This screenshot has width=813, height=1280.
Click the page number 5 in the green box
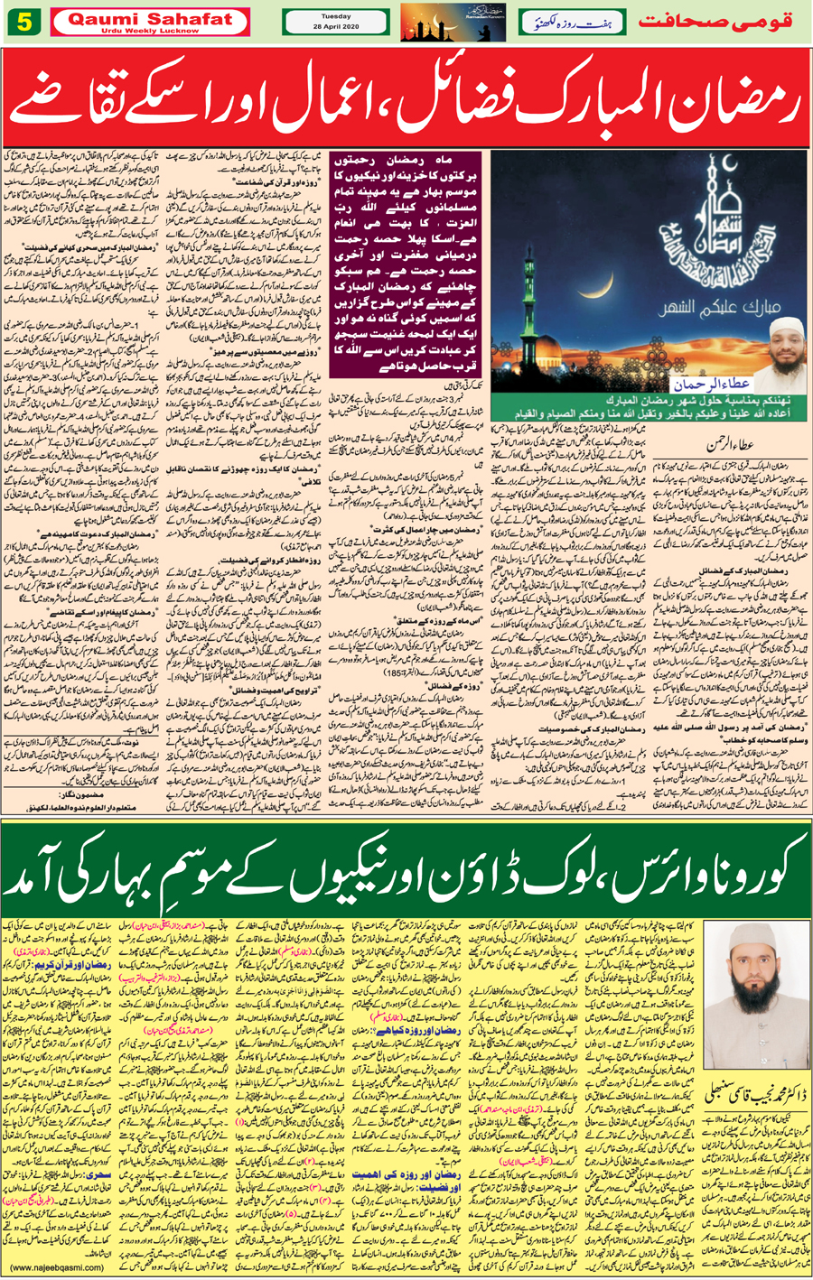23,23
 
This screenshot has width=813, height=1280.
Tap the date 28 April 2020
335,27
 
